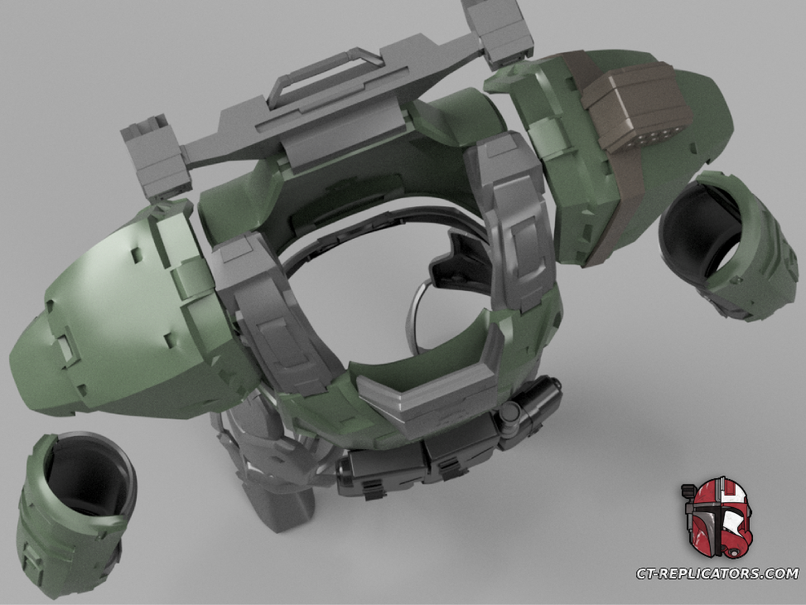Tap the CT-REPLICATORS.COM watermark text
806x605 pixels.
717,574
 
